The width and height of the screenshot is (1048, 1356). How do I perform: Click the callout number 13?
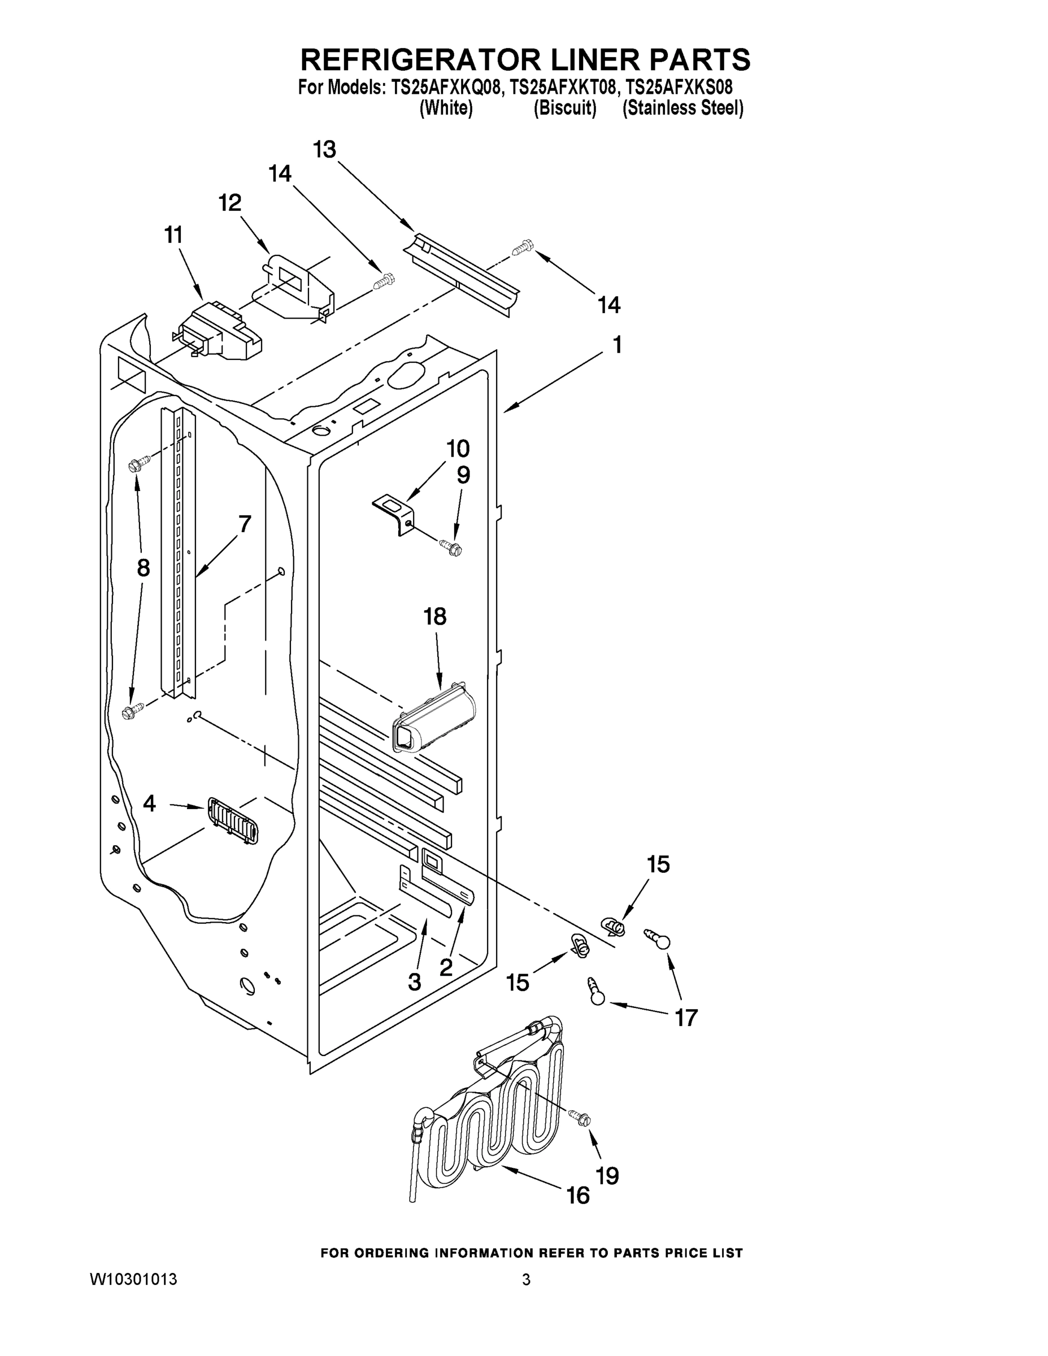[x=324, y=150]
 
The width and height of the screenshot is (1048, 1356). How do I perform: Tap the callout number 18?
[x=434, y=616]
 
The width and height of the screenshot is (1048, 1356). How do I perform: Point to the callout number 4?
[x=149, y=803]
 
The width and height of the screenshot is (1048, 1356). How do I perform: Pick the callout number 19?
[x=607, y=1175]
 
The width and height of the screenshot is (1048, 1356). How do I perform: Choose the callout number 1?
[x=616, y=345]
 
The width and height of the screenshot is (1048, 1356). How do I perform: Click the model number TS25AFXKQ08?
[x=445, y=88]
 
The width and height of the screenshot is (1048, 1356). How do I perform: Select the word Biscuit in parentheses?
[x=565, y=108]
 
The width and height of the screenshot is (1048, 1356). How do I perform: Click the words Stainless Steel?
[x=683, y=108]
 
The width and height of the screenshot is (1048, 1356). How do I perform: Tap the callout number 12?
[x=230, y=202]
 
